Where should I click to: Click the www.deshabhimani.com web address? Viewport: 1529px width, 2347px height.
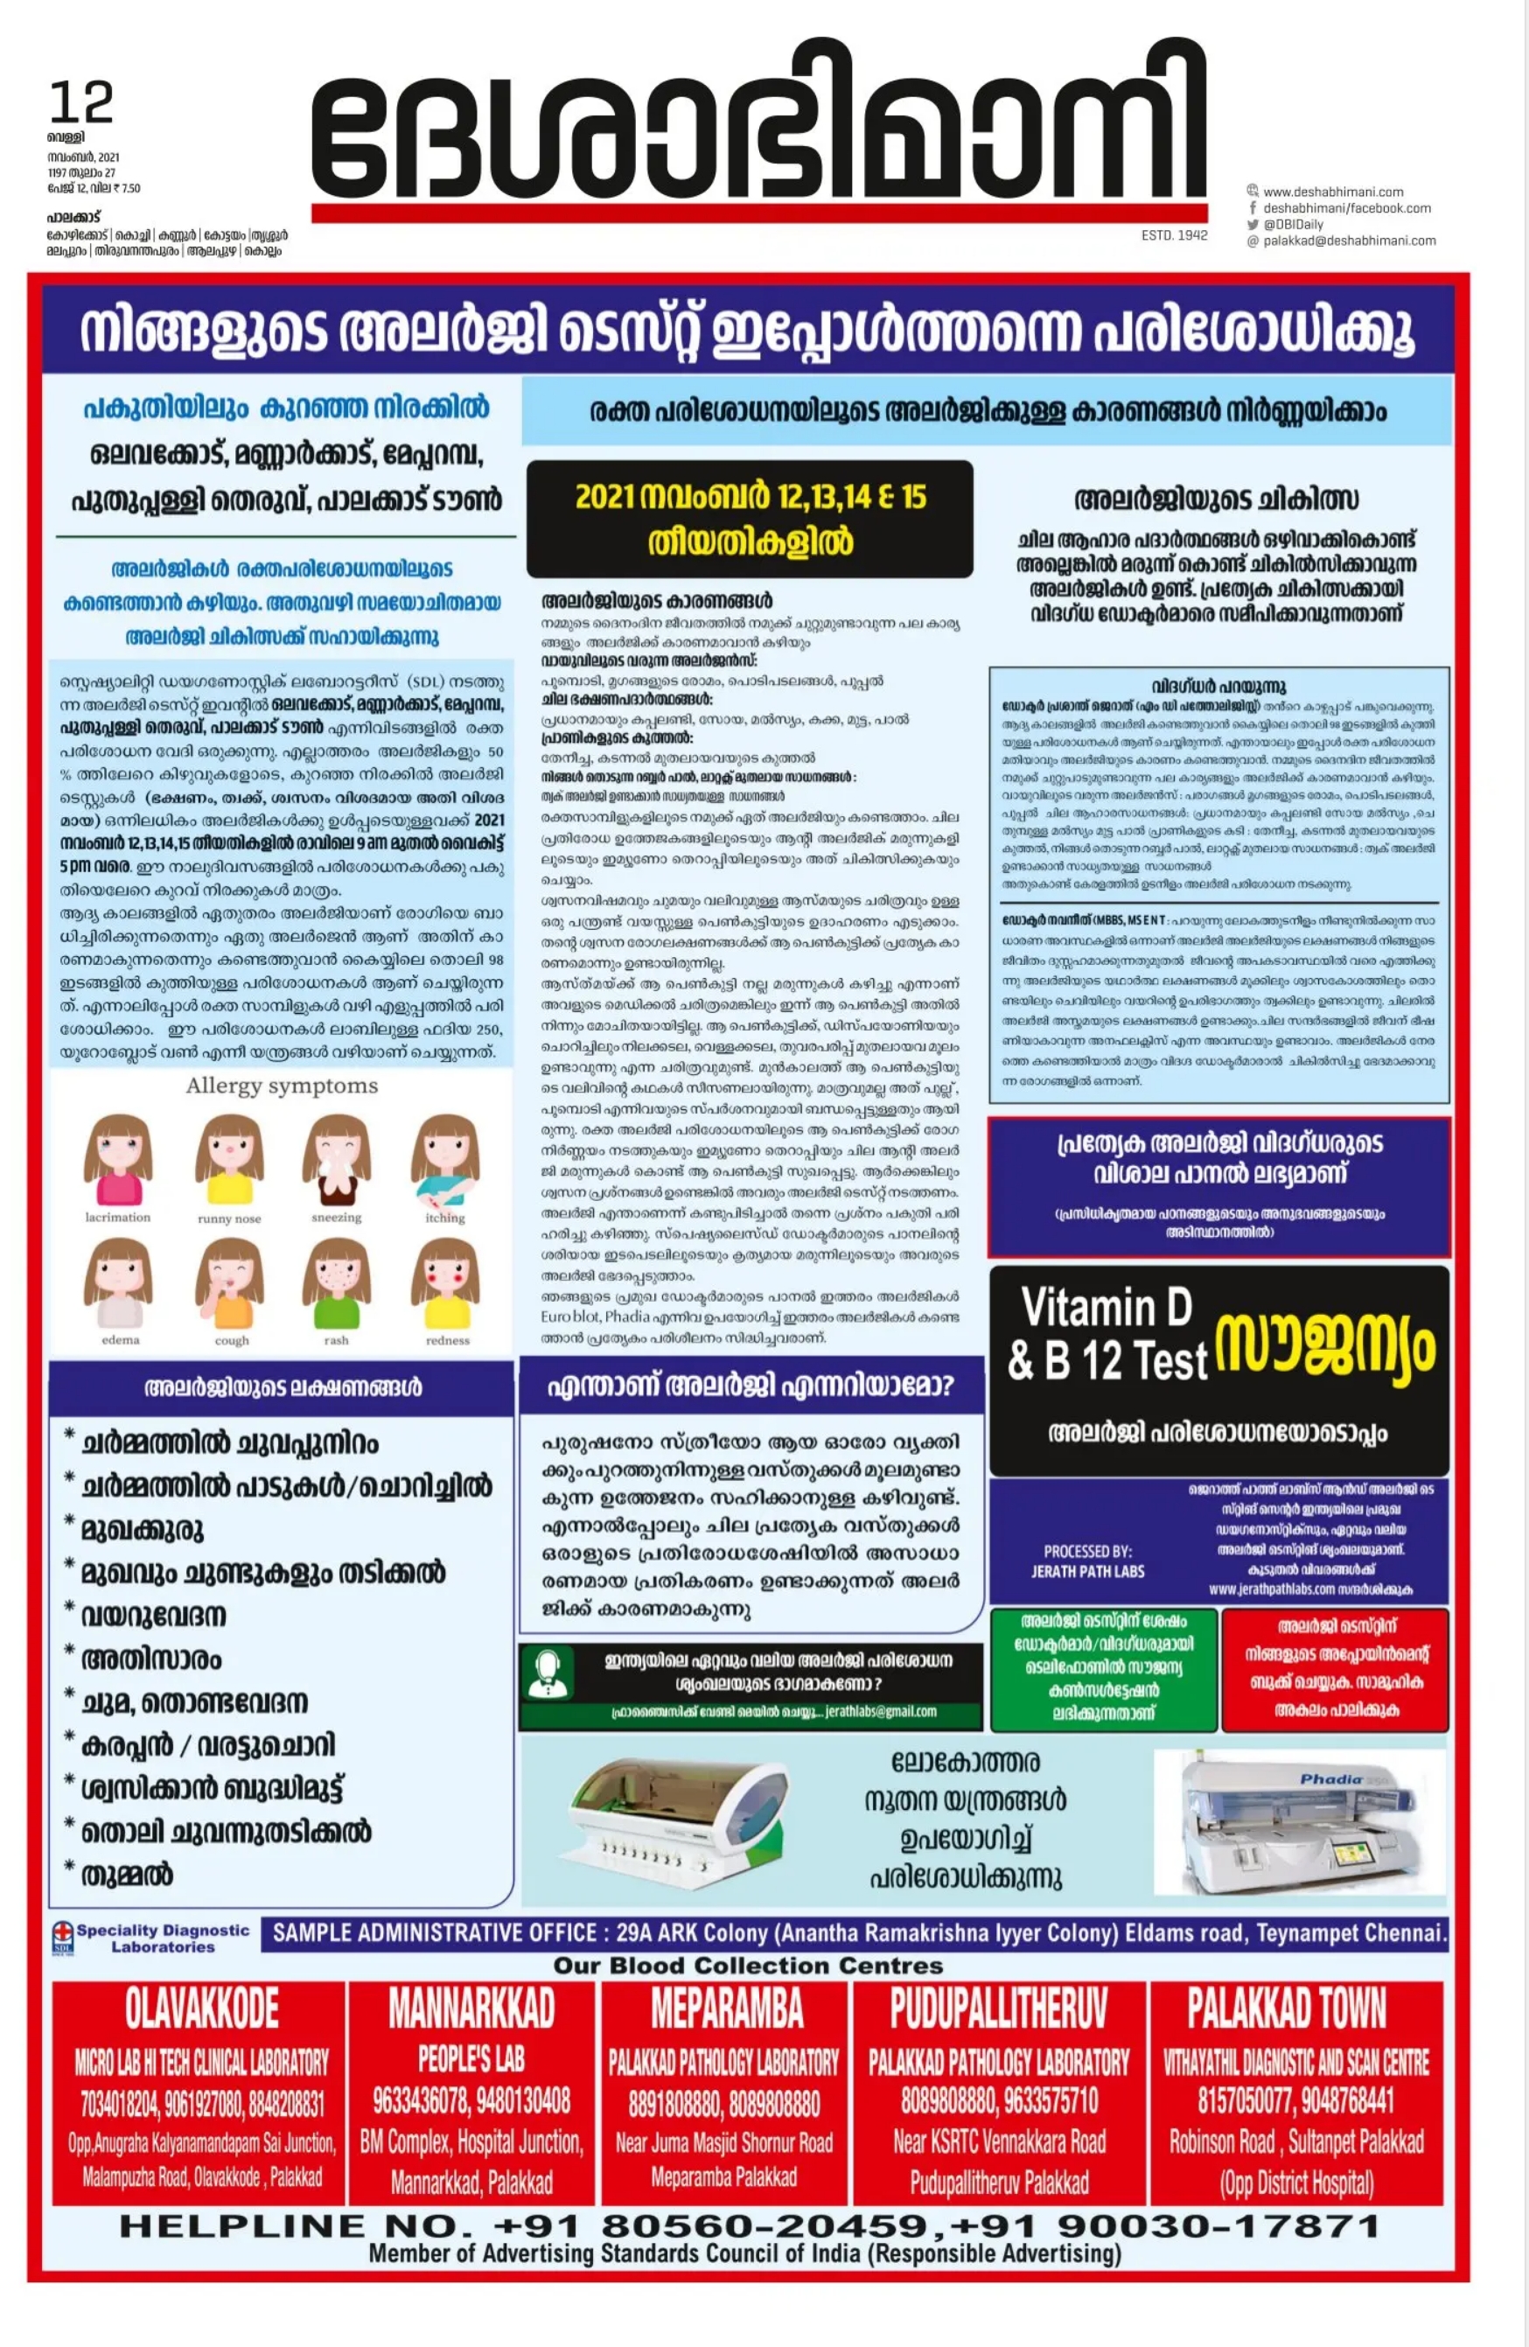(x=1333, y=192)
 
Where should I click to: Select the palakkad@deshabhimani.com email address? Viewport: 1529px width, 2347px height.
(x=1349, y=241)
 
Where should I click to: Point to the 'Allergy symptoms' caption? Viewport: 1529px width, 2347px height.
(x=282, y=1086)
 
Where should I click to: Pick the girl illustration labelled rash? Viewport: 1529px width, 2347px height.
(x=336, y=1284)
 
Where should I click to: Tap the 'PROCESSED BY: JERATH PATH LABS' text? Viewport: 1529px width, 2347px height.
(x=1087, y=1561)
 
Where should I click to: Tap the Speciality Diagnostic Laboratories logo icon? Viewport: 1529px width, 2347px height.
(x=63, y=1936)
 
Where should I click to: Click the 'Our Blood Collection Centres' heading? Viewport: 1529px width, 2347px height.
(x=748, y=1966)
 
